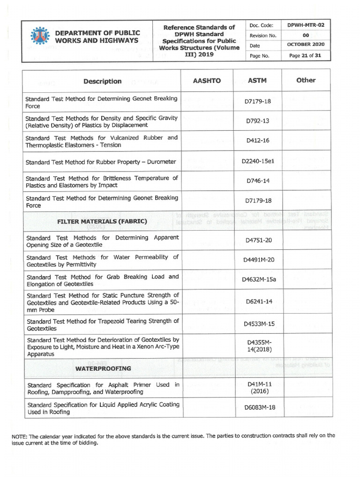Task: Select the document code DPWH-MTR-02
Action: click(x=306, y=25)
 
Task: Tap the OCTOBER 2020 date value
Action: click(x=306, y=45)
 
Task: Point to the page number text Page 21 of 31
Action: click(x=306, y=55)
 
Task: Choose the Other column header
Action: click(x=306, y=80)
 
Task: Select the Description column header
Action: click(x=102, y=81)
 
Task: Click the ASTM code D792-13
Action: click(x=257, y=121)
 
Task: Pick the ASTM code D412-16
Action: click(x=257, y=141)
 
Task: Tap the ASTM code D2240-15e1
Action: click(x=257, y=161)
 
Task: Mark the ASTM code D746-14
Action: click(x=257, y=181)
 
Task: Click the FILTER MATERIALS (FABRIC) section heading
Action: click(x=102, y=221)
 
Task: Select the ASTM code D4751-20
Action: click(x=258, y=241)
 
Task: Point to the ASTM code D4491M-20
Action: click(x=258, y=261)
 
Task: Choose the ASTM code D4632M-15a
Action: click(x=259, y=280)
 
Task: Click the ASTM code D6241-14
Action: click(x=259, y=301)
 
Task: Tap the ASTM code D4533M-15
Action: click(x=259, y=324)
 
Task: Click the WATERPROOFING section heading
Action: click(x=103, y=368)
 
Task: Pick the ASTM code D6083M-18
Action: click(x=260, y=407)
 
